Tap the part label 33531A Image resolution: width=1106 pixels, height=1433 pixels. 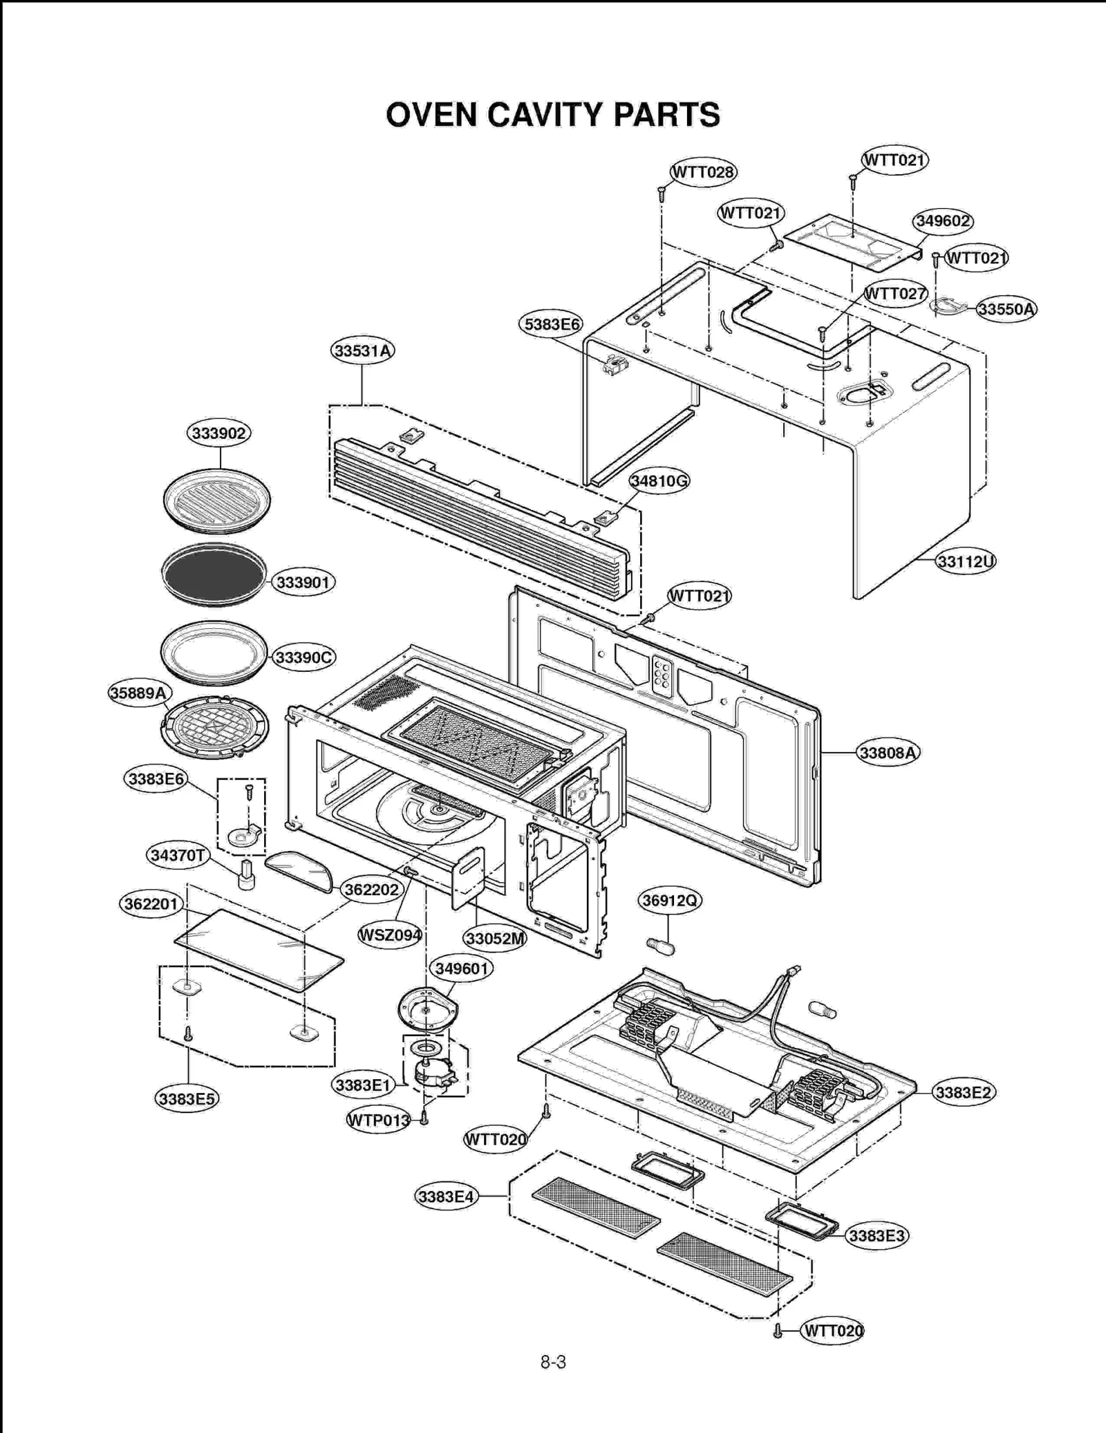(x=362, y=351)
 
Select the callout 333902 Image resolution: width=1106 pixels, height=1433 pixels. (x=218, y=433)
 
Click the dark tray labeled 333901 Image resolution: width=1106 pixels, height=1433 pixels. (x=213, y=574)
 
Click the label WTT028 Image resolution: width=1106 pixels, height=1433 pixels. (x=703, y=172)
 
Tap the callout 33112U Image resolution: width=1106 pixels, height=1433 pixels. (x=965, y=561)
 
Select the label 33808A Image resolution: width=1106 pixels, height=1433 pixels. (x=888, y=753)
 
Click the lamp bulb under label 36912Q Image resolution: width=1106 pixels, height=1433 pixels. (x=661, y=945)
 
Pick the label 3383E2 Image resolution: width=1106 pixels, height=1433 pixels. (x=963, y=1093)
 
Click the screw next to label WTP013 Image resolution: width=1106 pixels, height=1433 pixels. (x=424, y=1119)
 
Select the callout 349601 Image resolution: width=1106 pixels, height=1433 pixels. (x=461, y=968)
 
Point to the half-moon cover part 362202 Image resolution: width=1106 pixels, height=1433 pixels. (x=299, y=871)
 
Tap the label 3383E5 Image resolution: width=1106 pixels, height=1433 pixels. (x=187, y=1099)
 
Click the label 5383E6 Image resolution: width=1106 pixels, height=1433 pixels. (x=551, y=324)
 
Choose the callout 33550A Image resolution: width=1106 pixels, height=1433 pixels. (x=1006, y=309)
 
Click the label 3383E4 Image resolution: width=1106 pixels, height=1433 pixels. (x=446, y=1197)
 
